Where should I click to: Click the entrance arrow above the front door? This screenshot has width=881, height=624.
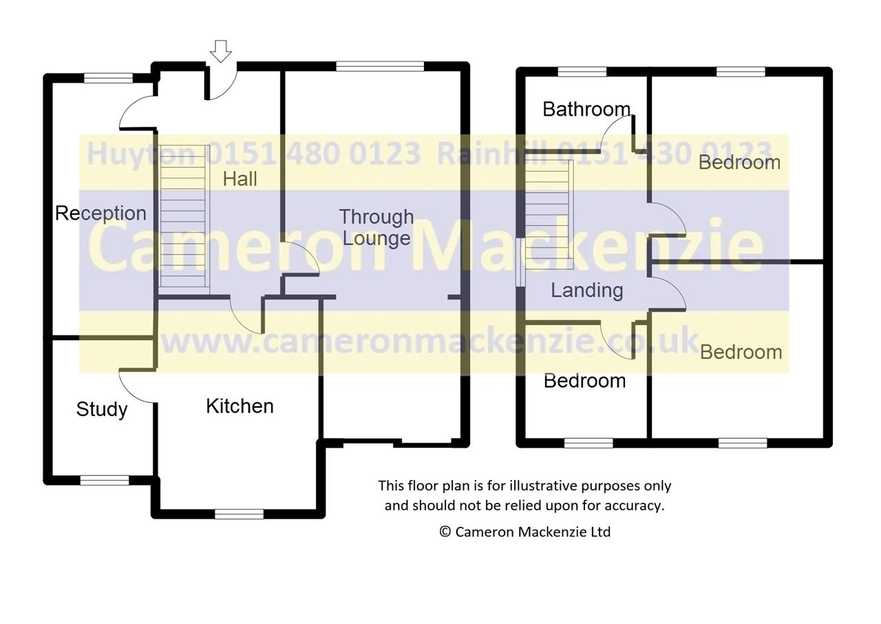tap(221, 51)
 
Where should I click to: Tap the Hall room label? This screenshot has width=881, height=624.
tap(240, 179)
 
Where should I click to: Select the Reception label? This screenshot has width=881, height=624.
tap(100, 214)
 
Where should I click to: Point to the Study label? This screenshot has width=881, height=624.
tap(102, 409)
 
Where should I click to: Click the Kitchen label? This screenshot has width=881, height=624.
tap(240, 406)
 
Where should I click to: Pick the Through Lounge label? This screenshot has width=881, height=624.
tap(376, 227)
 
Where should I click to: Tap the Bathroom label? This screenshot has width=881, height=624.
tap(586, 109)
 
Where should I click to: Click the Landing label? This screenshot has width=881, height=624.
tap(587, 291)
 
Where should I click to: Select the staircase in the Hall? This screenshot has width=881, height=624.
tap(183, 217)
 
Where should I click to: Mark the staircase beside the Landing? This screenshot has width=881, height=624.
tap(549, 210)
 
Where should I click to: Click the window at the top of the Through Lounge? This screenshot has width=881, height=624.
tap(380, 66)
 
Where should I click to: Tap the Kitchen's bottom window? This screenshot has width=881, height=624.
tap(239, 514)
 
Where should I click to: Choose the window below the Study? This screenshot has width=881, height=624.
tap(105, 480)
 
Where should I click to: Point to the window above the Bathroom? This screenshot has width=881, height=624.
tap(582, 71)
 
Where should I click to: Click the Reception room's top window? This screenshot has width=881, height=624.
tap(108, 78)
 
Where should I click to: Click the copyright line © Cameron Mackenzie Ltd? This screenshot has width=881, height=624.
tap(524, 532)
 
